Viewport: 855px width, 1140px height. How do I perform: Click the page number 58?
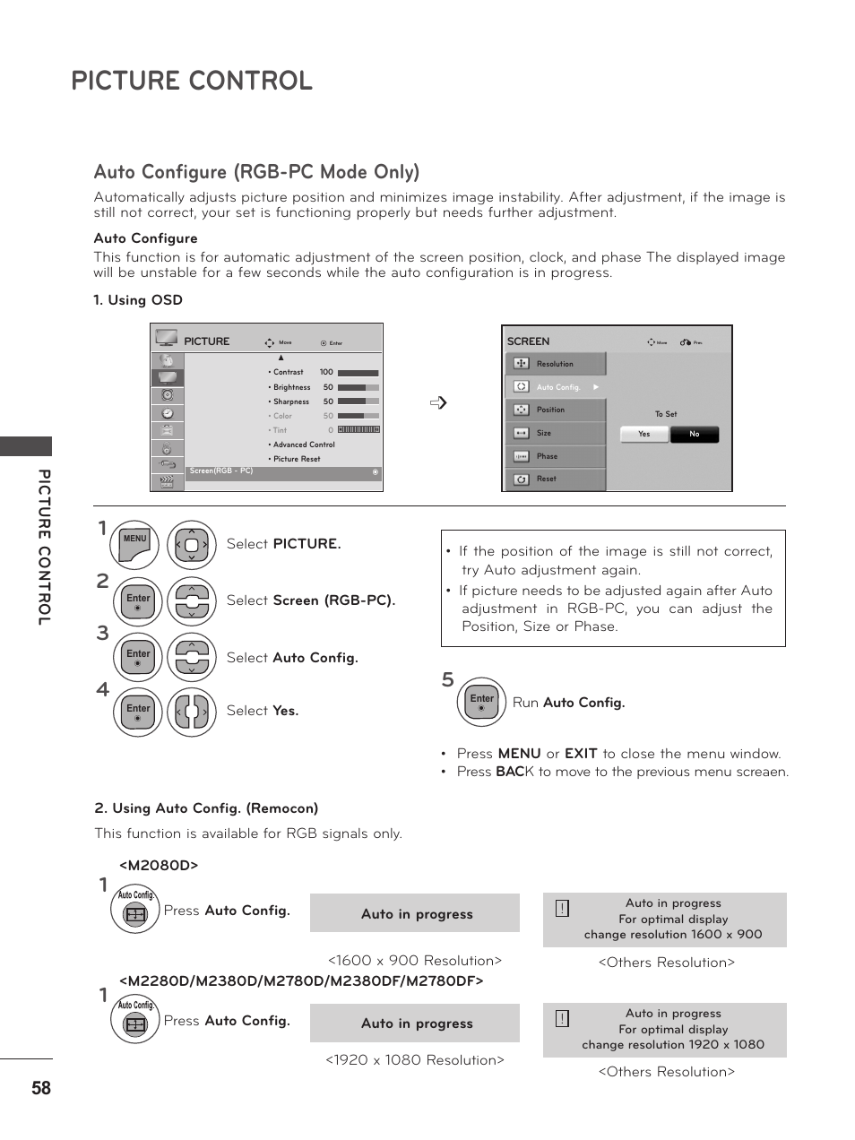click(x=41, y=1088)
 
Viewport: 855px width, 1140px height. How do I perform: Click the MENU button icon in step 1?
click(x=136, y=545)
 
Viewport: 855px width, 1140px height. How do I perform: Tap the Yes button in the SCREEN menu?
click(x=644, y=435)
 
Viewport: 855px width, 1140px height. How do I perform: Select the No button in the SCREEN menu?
click(x=695, y=435)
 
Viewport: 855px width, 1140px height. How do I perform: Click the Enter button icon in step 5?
click(x=482, y=702)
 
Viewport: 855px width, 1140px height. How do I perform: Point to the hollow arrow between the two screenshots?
click(x=438, y=403)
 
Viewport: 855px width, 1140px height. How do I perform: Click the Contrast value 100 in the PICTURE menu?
click(x=325, y=372)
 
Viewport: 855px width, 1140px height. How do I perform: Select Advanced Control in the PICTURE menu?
click(x=304, y=445)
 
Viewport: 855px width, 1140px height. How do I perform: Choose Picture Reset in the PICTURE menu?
click(x=297, y=459)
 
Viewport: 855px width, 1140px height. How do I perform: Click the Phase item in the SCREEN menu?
click(x=547, y=456)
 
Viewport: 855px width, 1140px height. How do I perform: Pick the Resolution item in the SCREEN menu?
click(x=555, y=364)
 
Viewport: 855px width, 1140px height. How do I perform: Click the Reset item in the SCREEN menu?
click(x=547, y=479)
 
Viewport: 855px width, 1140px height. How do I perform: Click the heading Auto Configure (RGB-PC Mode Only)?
click(x=256, y=172)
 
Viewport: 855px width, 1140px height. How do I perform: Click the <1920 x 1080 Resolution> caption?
click(x=415, y=1060)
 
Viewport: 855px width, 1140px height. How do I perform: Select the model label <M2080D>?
click(x=159, y=865)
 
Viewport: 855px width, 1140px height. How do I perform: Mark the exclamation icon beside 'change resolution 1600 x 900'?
click(x=562, y=909)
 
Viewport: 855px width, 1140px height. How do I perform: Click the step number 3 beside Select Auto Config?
click(x=103, y=634)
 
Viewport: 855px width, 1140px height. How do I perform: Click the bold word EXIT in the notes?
click(x=581, y=754)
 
